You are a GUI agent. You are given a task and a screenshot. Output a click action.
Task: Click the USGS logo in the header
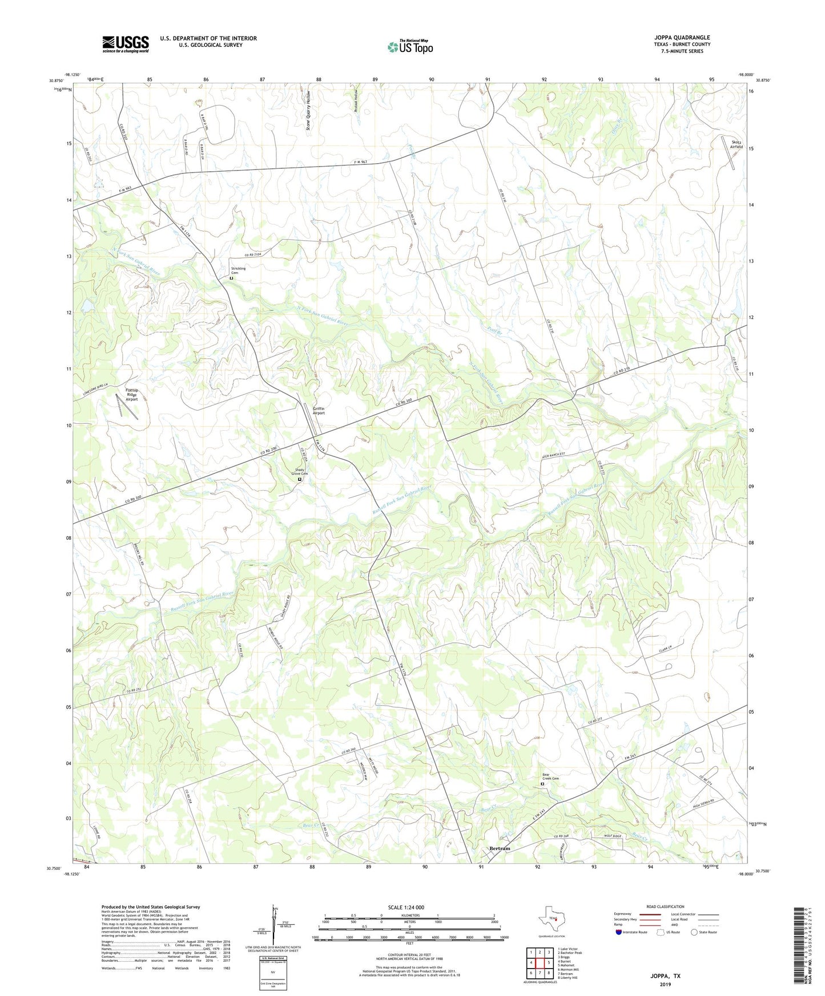(x=125, y=44)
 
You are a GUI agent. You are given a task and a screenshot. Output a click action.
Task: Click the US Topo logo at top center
(x=410, y=47)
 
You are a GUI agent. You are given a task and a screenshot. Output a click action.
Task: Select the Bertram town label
(x=500, y=848)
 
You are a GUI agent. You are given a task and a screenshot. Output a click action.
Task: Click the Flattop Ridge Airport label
(x=131, y=395)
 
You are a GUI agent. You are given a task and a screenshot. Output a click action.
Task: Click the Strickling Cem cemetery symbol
(x=231, y=278)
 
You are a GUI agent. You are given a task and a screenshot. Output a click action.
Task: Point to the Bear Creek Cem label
(x=550, y=776)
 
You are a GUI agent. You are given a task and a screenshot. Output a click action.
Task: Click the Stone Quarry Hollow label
(x=308, y=111)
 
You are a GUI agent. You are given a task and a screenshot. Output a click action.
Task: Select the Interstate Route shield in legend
(x=619, y=932)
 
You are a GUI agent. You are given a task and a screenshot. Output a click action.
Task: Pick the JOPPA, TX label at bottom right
(x=665, y=976)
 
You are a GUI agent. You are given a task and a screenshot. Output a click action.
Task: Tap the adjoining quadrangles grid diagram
(x=540, y=962)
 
